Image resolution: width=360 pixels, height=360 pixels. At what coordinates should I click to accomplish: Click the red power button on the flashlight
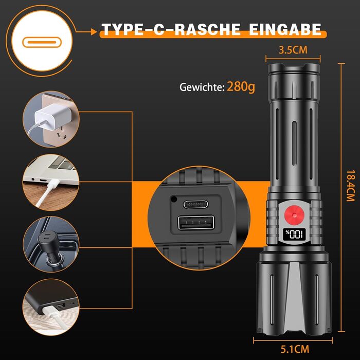[x=294, y=215]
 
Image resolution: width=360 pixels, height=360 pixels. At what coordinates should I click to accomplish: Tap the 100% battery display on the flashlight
[x=294, y=235]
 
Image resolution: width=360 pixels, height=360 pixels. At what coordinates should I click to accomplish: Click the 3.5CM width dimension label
[x=293, y=50]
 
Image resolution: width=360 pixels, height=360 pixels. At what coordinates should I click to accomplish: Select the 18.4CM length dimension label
[x=351, y=186]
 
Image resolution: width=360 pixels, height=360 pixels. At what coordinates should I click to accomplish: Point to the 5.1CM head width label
[x=295, y=349]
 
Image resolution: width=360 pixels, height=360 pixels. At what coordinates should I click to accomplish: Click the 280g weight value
[x=241, y=86]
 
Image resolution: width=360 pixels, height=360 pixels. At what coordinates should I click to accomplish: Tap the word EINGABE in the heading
[x=285, y=29]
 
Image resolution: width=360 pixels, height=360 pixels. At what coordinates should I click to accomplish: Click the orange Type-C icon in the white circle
[x=42, y=42]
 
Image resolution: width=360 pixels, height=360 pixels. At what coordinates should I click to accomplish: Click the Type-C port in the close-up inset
[x=195, y=204]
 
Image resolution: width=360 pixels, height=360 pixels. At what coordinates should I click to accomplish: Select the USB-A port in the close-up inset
[x=196, y=222]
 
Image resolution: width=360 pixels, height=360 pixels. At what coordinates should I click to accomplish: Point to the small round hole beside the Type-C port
[x=174, y=199]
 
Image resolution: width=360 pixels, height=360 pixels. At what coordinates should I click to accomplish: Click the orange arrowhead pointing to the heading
[x=94, y=32]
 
